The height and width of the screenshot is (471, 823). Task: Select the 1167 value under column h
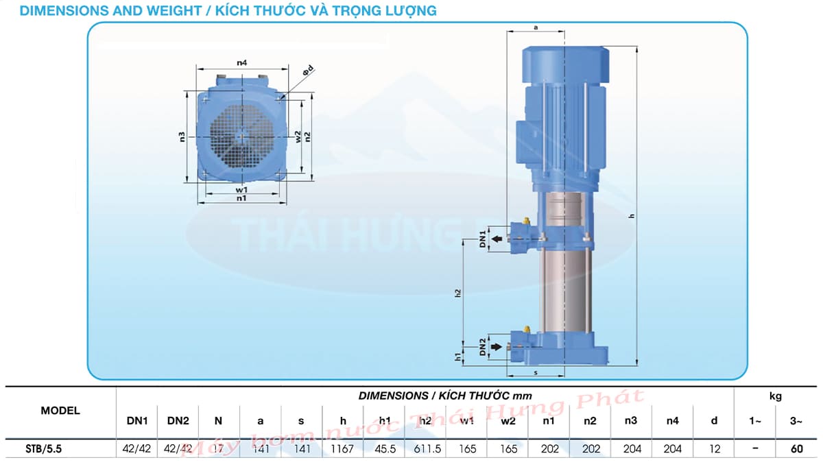point(343,449)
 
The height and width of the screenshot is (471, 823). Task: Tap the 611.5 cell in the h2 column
point(425,449)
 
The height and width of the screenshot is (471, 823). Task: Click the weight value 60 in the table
point(796,449)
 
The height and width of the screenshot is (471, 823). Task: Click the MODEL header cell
point(60,411)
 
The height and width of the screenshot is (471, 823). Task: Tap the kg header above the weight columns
point(775,396)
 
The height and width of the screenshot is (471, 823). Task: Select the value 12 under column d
point(714,449)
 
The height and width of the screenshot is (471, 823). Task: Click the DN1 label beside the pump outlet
point(483,239)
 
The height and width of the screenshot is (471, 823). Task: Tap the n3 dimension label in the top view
point(182,136)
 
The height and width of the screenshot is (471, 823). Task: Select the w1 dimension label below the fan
point(241,189)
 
